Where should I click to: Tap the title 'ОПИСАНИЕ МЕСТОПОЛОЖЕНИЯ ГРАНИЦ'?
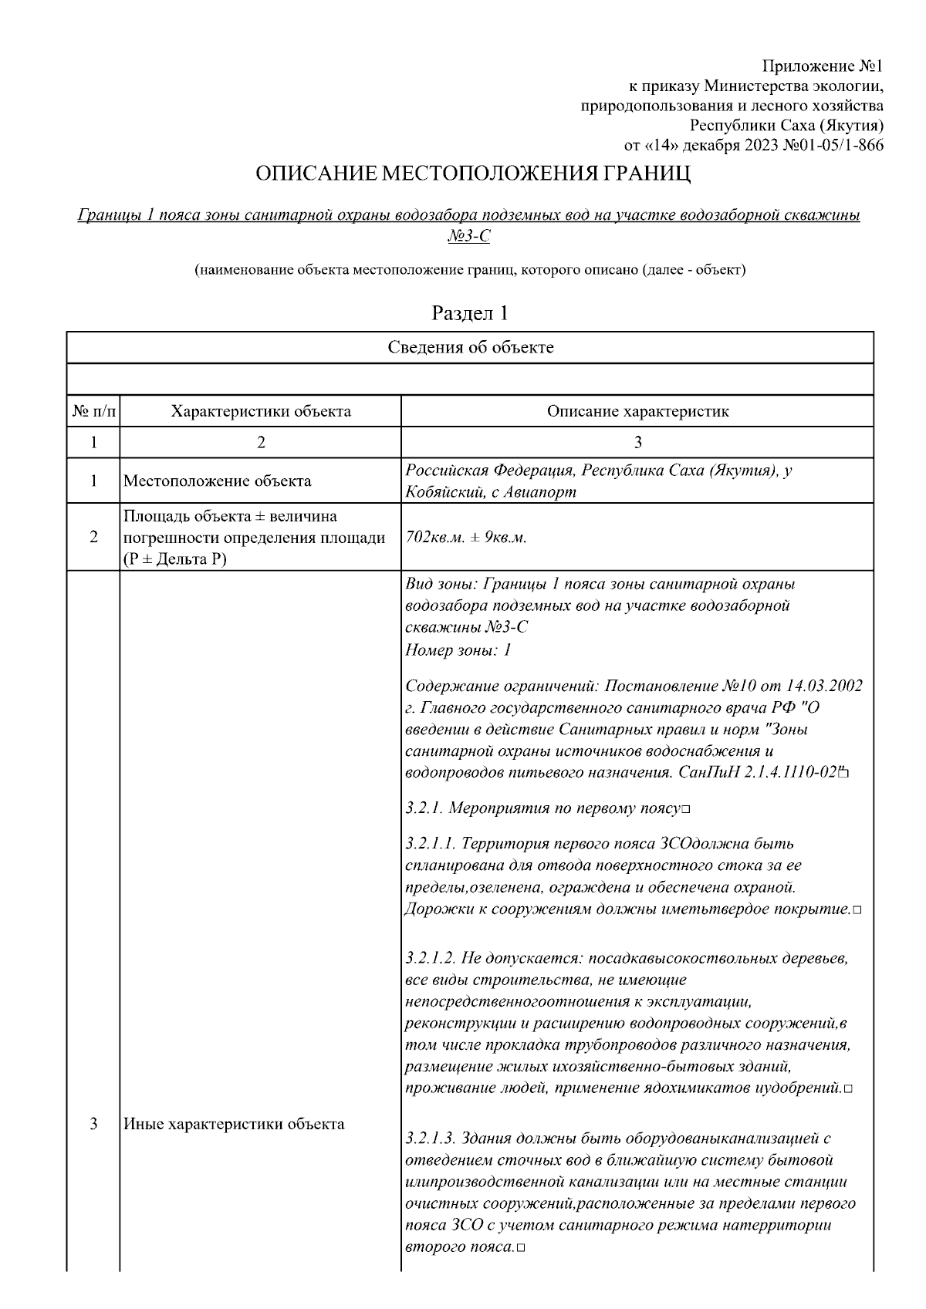pyautogui.click(x=473, y=174)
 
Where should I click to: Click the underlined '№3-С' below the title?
pyautogui.click(x=468, y=236)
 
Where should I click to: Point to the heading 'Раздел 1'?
pyautogui.click(x=470, y=313)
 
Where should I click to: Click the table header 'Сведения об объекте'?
pyautogui.click(x=470, y=347)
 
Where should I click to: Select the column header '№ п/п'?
pyautogui.click(x=93, y=411)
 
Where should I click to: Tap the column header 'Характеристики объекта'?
pyautogui.click(x=261, y=411)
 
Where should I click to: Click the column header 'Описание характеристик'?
pyautogui.click(x=637, y=411)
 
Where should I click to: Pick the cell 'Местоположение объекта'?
pyautogui.click(x=218, y=481)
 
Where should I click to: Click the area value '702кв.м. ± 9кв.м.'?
pyautogui.click(x=466, y=538)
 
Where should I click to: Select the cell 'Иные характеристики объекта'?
pyautogui.click(x=234, y=1124)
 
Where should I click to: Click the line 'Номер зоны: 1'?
pyautogui.click(x=458, y=649)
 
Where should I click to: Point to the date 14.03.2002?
pyautogui.click(x=824, y=686)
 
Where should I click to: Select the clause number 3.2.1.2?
pyautogui.click(x=429, y=958)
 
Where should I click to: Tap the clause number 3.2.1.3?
pyautogui.click(x=429, y=1138)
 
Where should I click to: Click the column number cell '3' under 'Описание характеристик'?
pyautogui.click(x=637, y=442)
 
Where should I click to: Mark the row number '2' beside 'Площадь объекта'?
pyautogui.click(x=93, y=538)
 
